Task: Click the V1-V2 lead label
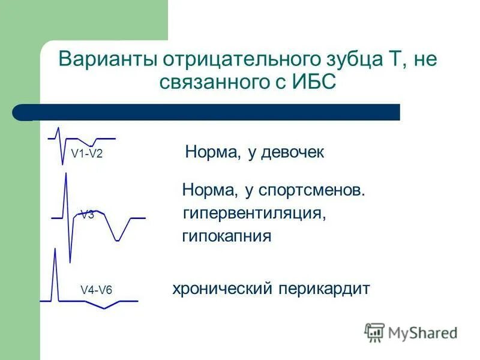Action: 87,154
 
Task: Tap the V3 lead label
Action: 88,215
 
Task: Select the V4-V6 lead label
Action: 96,290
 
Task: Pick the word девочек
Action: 293,152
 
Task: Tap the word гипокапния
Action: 227,236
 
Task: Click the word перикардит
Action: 324,289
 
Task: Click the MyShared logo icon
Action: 374,332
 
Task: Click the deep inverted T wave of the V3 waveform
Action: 119,239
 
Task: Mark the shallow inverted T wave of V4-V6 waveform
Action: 104,308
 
